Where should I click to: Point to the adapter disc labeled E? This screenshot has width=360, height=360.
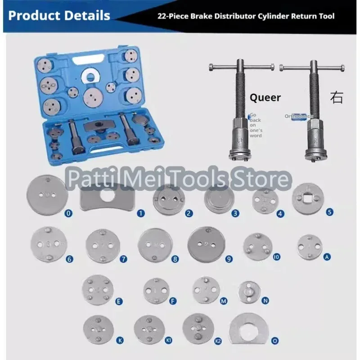98,290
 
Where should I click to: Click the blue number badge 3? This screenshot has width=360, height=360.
235,214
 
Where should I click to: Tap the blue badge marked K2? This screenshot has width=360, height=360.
218,341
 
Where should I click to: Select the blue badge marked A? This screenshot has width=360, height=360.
327,257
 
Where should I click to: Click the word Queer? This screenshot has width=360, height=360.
265,98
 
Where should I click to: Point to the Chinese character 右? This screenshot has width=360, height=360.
336,98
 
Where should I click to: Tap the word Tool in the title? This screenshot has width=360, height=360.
324,16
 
